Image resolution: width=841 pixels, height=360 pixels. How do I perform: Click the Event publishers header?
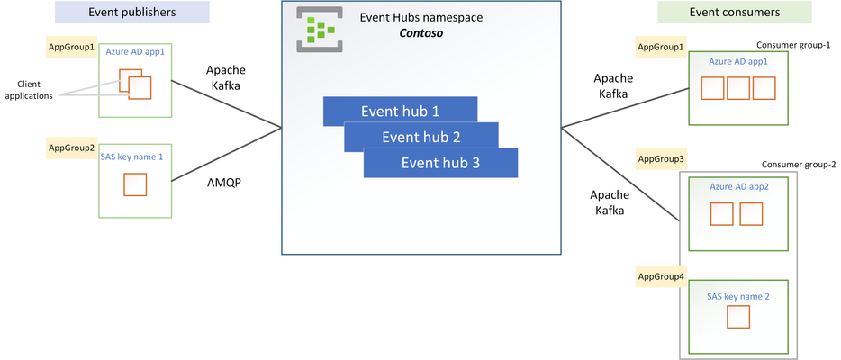click(x=132, y=12)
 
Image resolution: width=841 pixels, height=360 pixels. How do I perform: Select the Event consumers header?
click(x=734, y=12)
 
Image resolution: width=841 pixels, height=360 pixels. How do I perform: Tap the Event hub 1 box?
click(x=400, y=112)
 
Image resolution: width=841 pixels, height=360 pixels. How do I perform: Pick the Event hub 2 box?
click(x=421, y=137)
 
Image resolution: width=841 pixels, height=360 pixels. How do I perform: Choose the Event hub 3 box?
click(x=440, y=163)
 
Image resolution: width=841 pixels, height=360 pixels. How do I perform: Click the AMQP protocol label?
click(x=224, y=183)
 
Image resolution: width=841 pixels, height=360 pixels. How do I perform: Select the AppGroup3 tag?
click(x=661, y=159)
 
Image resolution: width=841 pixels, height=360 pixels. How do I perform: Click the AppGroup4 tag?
click(x=661, y=276)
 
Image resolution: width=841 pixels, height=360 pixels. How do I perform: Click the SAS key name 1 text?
click(x=131, y=157)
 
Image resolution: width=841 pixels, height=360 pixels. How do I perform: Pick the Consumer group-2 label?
click(x=799, y=165)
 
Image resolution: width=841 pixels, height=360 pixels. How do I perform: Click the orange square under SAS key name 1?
click(x=135, y=184)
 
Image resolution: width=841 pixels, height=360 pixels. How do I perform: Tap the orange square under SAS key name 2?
click(x=738, y=317)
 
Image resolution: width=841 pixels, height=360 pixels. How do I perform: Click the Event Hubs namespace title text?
click(x=421, y=17)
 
